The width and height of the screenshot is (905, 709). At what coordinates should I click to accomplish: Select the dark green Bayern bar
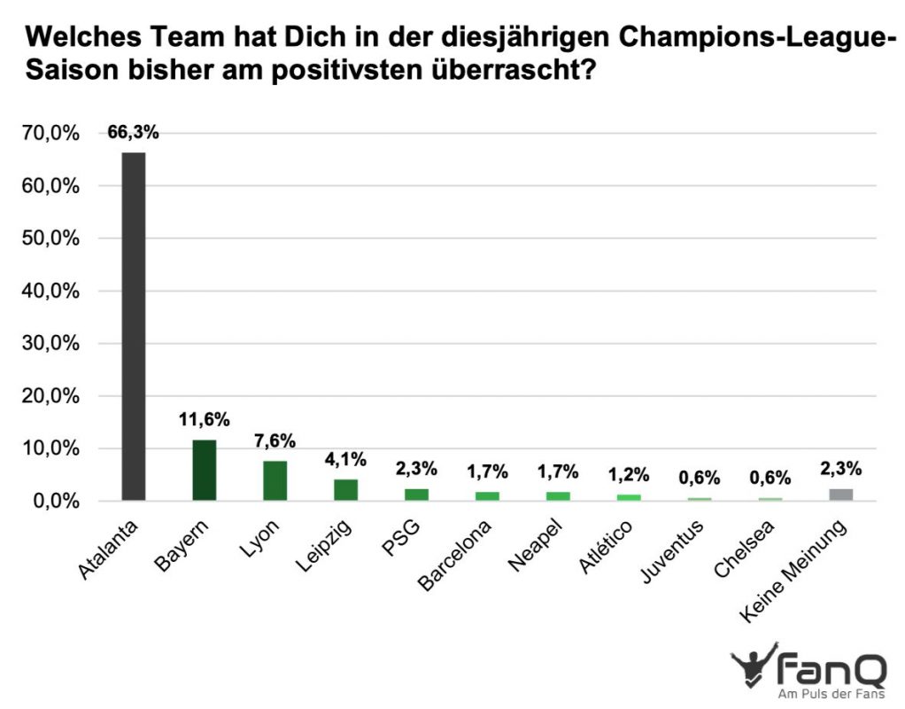(x=205, y=471)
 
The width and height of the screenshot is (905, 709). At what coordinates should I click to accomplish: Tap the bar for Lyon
(x=275, y=481)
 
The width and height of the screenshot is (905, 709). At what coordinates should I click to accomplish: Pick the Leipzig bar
(x=346, y=490)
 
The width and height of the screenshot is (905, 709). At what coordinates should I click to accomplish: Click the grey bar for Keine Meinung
(x=841, y=495)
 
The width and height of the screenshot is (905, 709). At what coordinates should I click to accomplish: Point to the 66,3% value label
(x=134, y=133)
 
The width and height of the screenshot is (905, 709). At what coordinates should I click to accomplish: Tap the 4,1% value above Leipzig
(x=346, y=460)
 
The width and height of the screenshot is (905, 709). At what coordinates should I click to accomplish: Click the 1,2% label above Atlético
(x=629, y=475)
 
